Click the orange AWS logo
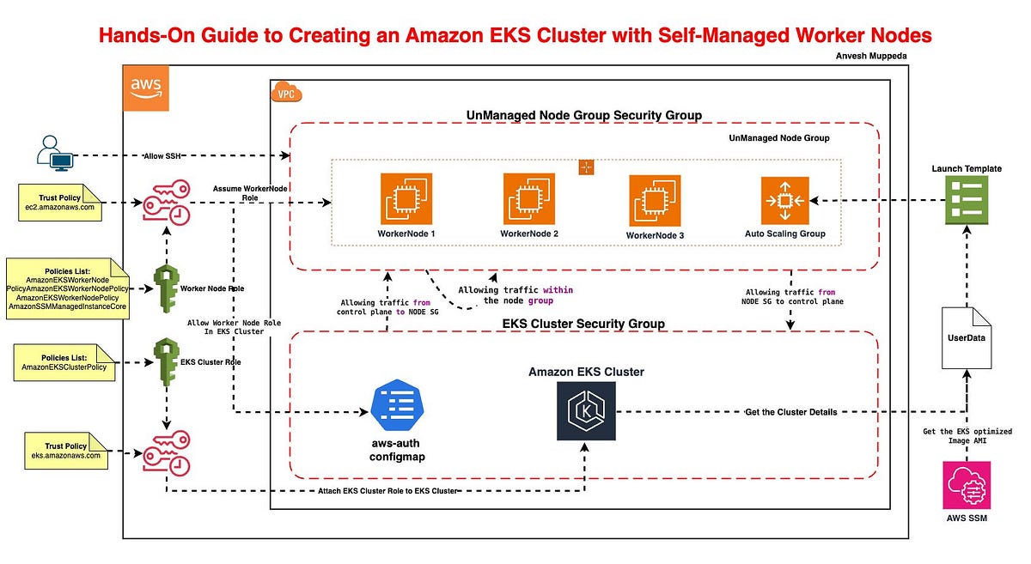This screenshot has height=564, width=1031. click(x=146, y=88)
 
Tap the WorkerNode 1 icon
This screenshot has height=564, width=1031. click(x=406, y=199)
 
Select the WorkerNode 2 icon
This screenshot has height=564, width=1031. click(x=528, y=199)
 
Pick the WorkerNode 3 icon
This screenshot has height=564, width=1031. click(x=655, y=201)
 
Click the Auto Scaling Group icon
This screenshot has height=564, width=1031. click(x=784, y=201)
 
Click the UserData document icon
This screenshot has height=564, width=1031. click(x=967, y=337)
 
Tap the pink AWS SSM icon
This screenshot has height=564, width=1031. click(x=967, y=485)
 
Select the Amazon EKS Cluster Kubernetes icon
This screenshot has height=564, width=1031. click(x=586, y=411)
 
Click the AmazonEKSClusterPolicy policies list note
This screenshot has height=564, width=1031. click(x=64, y=361)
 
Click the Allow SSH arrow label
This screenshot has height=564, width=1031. click(x=171, y=157)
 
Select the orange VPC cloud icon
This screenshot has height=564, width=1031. click(x=285, y=94)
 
